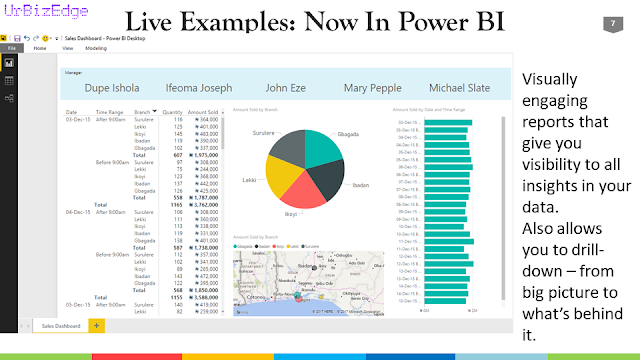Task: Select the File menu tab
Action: (x=13, y=47)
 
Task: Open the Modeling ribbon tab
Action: (x=96, y=47)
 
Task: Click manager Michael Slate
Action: (x=458, y=88)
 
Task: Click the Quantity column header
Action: (x=173, y=112)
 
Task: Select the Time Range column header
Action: (x=109, y=112)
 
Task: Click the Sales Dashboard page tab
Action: (x=60, y=326)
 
